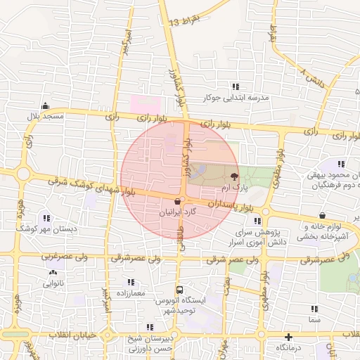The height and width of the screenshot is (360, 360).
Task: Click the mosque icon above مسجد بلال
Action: [x=46, y=105]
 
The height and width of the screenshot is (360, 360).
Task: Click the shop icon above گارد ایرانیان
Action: [x=176, y=201]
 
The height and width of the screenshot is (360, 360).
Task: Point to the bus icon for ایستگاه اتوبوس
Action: [x=179, y=290]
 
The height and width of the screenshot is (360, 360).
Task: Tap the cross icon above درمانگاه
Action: [x=288, y=337]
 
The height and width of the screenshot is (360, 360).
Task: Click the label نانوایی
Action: [x=53, y=284]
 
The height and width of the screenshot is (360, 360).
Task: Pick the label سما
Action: [x=314, y=319]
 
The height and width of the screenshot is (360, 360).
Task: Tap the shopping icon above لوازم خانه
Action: [x=322, y=216]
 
